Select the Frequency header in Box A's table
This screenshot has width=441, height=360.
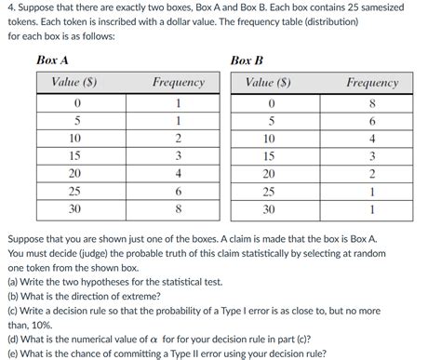pos(178,82)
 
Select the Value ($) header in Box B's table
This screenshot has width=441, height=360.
pos(271,82)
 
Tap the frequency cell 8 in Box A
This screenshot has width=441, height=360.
pos(178,208)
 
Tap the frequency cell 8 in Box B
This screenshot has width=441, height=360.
pos(372,102)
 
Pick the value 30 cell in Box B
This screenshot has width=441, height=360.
pos(271,208)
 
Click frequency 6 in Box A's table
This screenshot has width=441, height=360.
pos(178,191)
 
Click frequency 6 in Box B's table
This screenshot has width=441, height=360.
pos(372,120)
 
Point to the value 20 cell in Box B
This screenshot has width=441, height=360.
pos(271,173)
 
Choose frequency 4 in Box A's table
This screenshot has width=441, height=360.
pos(178,173)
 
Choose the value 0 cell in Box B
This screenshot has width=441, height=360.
pos(271,102)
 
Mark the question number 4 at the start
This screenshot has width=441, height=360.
pos(9,7)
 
